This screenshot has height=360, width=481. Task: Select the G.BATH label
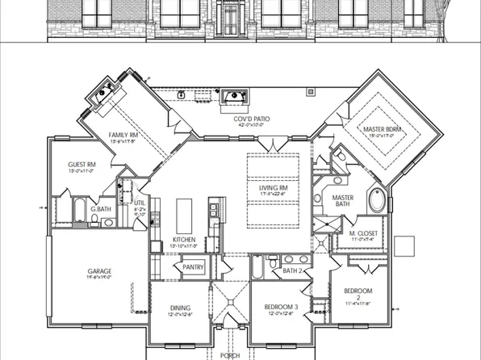[x=101, y=209]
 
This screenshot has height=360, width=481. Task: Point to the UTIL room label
[x=139, y=204]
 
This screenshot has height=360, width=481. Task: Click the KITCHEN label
[x=184, y=241]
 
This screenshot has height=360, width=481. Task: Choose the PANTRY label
[x=193, y=266]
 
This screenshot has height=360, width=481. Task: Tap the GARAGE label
[x=99, y=271]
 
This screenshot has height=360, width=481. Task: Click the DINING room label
[x=181, y=307]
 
